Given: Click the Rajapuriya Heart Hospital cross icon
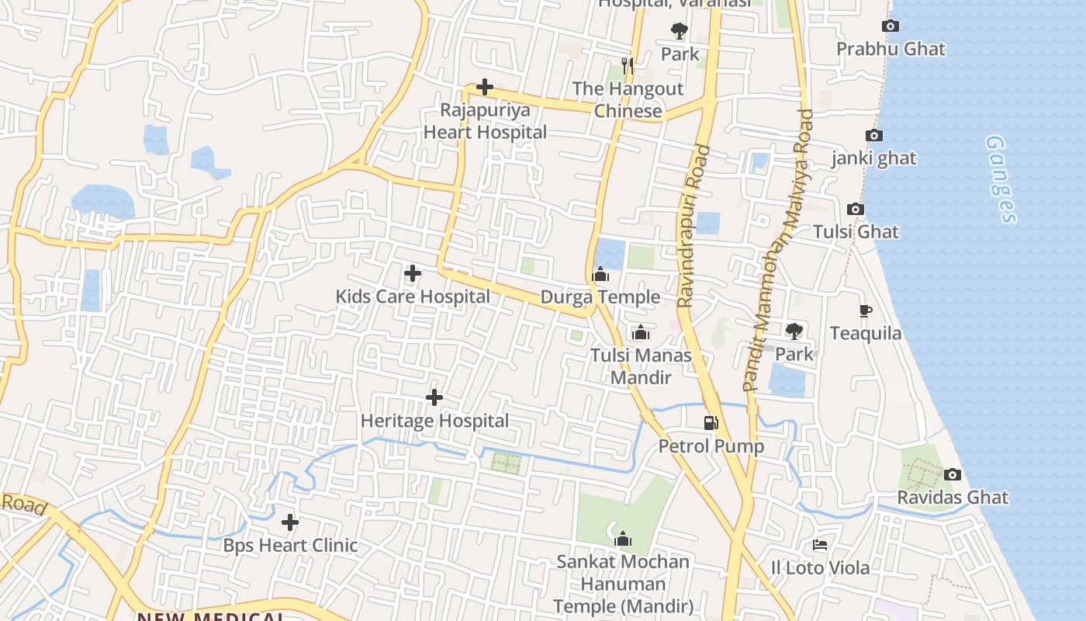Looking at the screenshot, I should click(485, 87).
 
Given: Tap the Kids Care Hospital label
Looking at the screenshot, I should click(413, 297).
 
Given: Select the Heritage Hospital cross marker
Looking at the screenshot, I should click(434, 397).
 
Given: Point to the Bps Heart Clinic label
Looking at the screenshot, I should click(291, 545).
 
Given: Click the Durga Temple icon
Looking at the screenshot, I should click(600, 274).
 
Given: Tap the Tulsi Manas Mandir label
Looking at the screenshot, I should click(641, 366).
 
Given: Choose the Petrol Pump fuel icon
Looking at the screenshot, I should click(711, 423).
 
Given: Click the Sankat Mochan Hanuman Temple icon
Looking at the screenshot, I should click(622, 539).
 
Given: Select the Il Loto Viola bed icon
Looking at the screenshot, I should click(820, 545).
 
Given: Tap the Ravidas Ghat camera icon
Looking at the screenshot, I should click(952, 474).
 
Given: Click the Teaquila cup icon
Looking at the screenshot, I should click(866, 311).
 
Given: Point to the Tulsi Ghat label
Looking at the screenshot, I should click(856, 231).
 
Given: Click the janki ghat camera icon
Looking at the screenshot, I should click(873, 136).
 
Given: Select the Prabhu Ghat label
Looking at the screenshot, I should click(891, 49).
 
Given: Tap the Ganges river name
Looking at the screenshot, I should click(1001, 179).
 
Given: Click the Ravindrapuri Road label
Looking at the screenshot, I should click(693, 225).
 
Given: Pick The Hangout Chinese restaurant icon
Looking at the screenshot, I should click(628, 66).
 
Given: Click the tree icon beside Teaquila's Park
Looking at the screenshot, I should click(794, 331).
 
